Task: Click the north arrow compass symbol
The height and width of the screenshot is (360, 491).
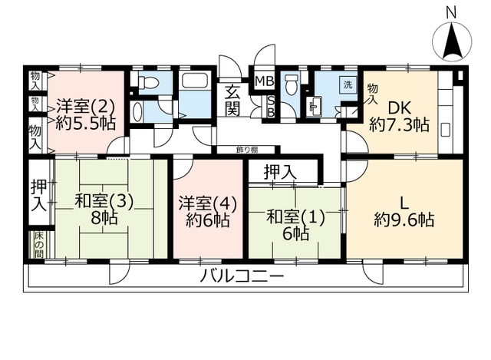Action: coord(452,41)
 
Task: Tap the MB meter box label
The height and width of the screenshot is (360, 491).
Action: coord(264,81)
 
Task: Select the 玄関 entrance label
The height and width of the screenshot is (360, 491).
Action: coord(232,100)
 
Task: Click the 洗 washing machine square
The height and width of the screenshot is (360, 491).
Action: coord(348,84)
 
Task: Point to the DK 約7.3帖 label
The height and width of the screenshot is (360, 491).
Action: coord(399,117)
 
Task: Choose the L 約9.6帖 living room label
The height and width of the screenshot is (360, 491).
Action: coord(404,212)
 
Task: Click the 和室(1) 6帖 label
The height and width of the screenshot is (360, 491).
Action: coord(295,224)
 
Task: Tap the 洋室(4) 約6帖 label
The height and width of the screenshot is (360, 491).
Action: coord(208,212)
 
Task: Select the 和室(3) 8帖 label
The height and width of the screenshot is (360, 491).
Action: coord(104,209)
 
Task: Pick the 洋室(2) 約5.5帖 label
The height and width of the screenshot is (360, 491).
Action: coord(85,115)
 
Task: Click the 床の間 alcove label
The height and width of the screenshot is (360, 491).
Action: coord(39,245)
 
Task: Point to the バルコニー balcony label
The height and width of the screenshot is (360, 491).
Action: coord(242,276)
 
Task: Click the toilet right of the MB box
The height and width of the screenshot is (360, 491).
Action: coord(291,84)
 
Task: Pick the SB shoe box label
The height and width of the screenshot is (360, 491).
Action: coord(271,107)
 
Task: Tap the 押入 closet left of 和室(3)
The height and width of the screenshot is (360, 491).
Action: coord(39,195)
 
